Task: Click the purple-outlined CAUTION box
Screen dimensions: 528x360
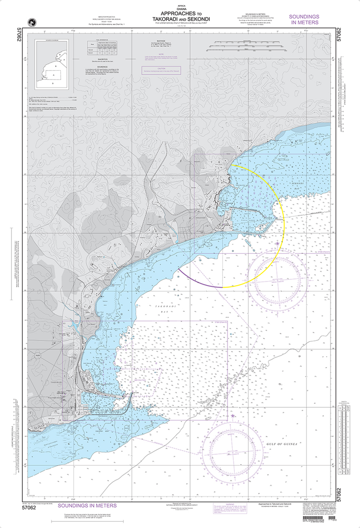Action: [161, 70]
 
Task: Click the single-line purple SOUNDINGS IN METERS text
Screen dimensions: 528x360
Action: [87, 506]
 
